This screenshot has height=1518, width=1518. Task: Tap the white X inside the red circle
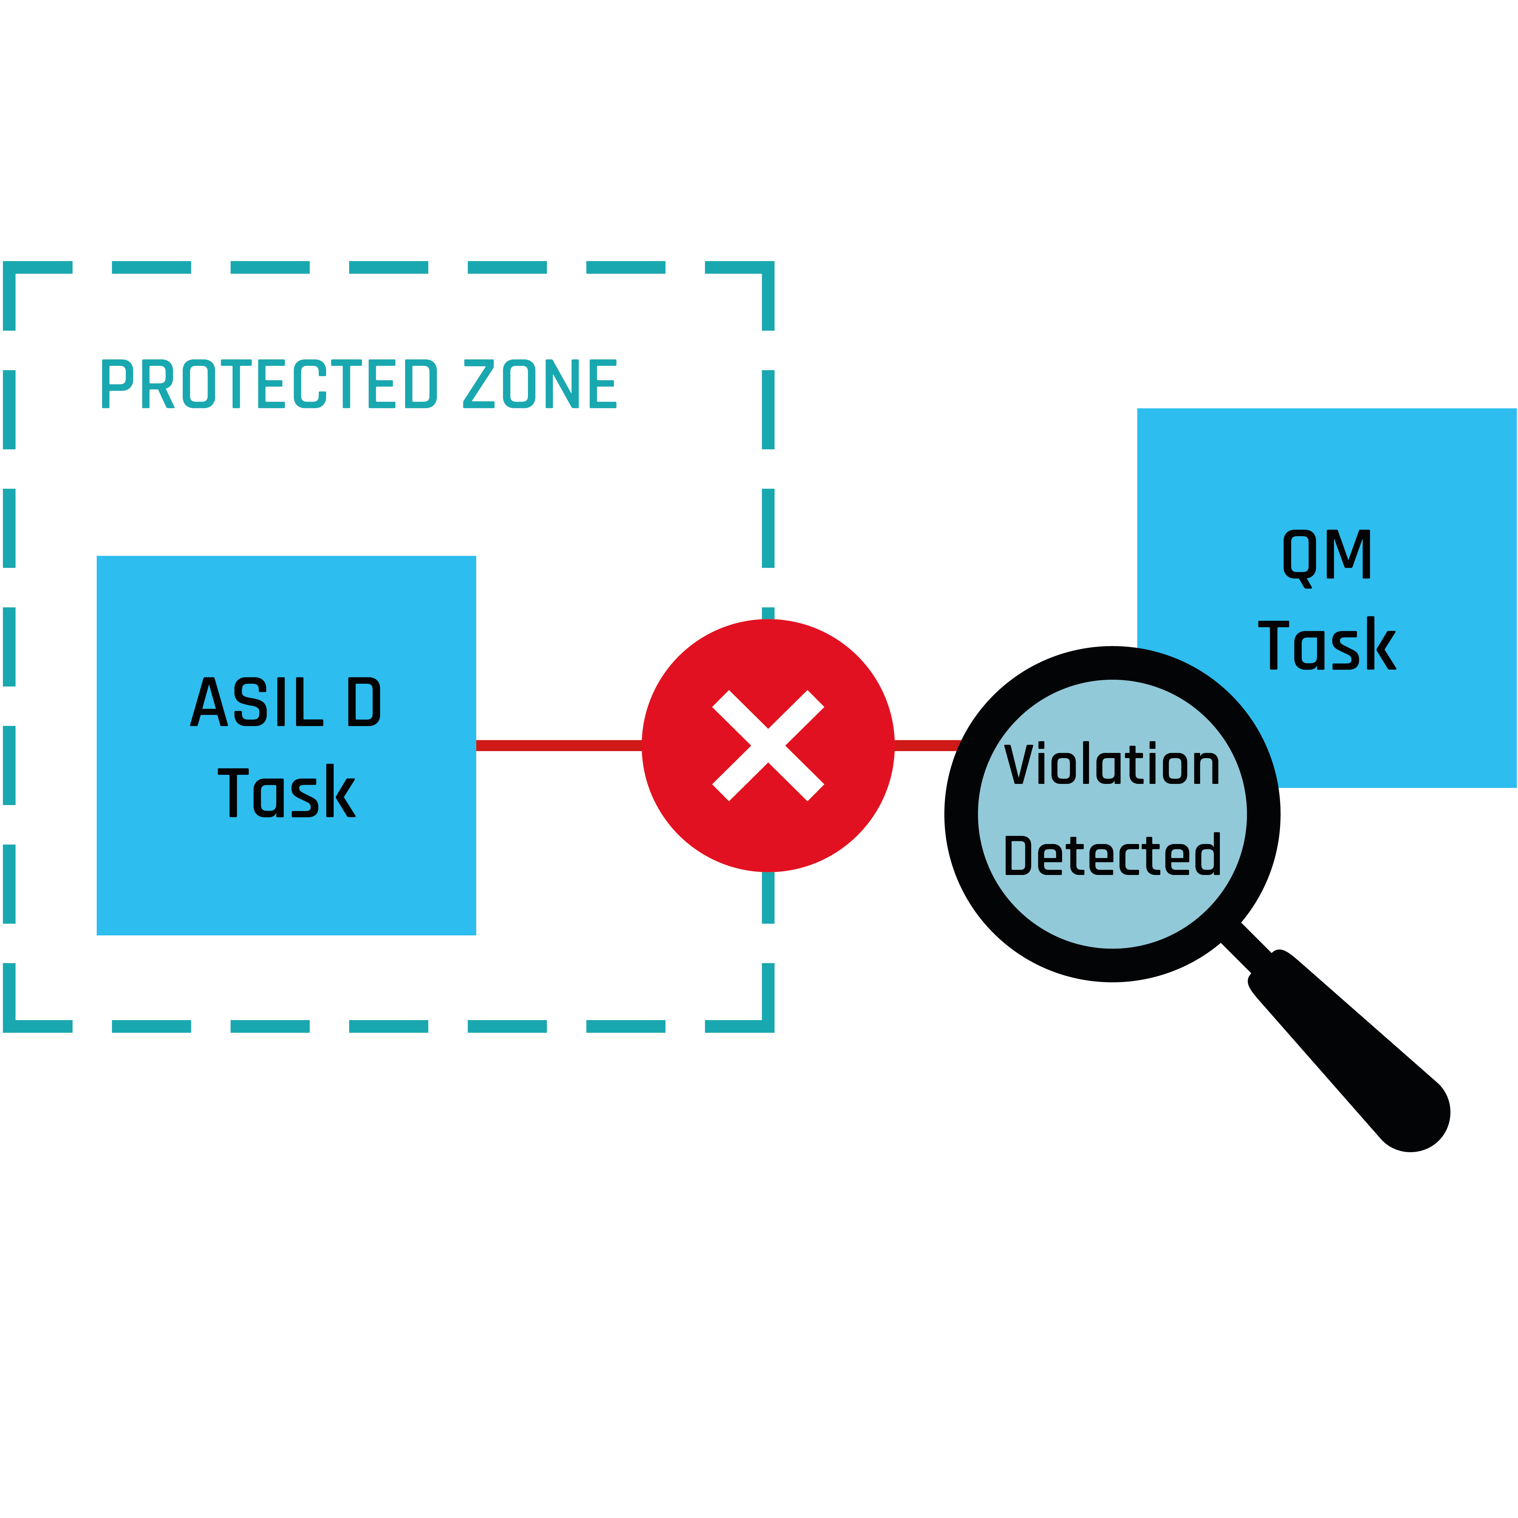768,746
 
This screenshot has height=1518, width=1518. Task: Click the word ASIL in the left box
256,702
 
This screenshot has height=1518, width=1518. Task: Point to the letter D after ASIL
364,702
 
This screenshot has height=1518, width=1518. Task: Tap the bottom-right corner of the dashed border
768,1025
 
